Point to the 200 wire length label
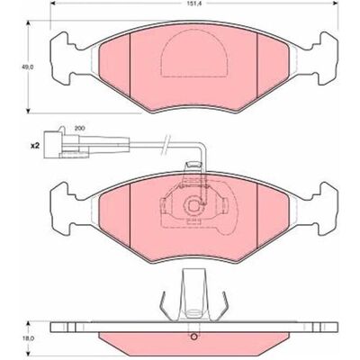click(x=79, y=128)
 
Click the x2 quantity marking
click(x=35, y=146)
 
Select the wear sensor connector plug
click(x=67, y=145)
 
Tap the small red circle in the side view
click(x=194, y=337)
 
